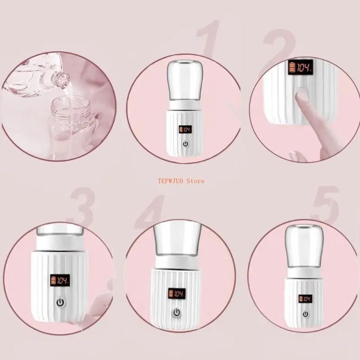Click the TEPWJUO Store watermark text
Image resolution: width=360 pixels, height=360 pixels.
pyautogui.click(x=180, y=181)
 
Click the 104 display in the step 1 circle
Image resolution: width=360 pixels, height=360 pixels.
pyautogui.click(x=185, y=130)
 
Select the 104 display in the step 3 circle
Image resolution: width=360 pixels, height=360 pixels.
pyautogui.click(x=60, y=279)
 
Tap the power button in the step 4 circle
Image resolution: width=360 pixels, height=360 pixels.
pyautogui.click(x=177, y=313)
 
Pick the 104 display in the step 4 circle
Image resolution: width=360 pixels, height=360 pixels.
pyautogui.click(x=177, y=294)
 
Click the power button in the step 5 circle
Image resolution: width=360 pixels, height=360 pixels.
pyautogui.click(x=306, y=314)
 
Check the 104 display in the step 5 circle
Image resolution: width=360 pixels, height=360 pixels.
pyautogui.click(x=306, y=298)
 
